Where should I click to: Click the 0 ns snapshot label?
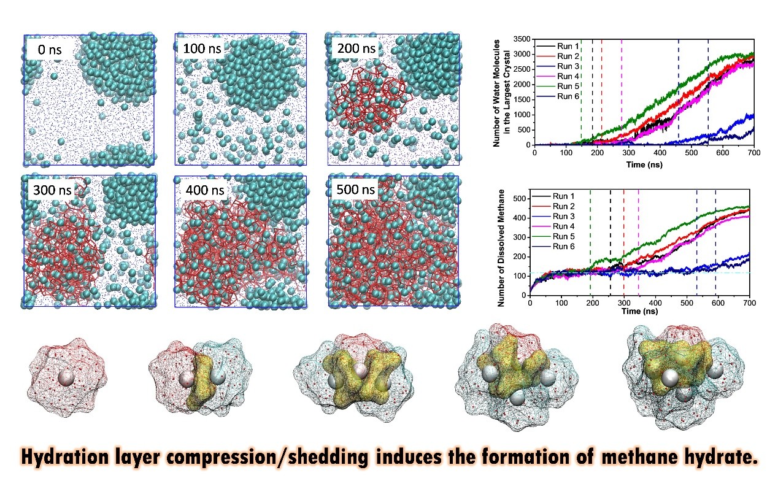pos(50,50)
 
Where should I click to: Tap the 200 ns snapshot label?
pos(356,48)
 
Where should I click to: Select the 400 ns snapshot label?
pos(204,190)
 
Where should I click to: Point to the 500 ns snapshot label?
pos(355,189)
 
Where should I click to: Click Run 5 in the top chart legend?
pos(568,86)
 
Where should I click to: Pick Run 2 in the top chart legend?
pos(568,56)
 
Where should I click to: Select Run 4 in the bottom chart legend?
pos(563,226)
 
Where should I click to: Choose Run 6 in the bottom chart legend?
pos(563,247)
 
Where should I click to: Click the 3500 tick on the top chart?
pos(522,39)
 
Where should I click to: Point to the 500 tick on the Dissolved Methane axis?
pos(519,199)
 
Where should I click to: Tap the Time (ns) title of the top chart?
pos(644,164)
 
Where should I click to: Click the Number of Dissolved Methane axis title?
pos(501,248)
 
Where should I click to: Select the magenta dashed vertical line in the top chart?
pos(622,92)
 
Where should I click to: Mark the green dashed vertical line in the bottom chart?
pos(590,242)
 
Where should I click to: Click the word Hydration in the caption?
pos(65,456)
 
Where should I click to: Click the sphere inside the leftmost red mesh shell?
pos(66,378)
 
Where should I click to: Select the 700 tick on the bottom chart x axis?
pos(750,303)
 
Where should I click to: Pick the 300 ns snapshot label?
pos(52,190)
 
